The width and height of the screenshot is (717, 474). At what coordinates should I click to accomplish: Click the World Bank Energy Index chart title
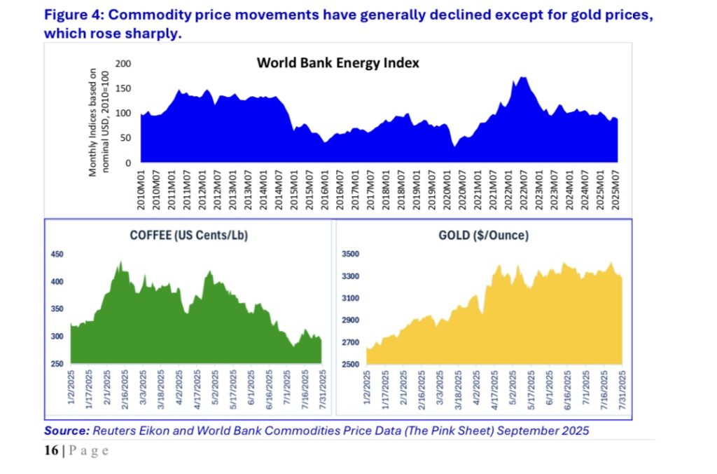[x=337, y=62]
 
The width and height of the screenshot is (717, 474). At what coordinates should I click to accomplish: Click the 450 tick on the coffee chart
[x=57, y=255]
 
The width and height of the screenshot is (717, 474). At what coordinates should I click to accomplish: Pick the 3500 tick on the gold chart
[x=349, y=255]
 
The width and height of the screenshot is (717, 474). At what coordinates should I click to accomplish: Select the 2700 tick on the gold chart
[x=349, y=342]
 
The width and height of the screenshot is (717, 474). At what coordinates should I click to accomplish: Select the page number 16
[x=51, y=450]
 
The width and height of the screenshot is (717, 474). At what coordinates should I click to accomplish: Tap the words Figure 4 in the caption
[x=75, y=15]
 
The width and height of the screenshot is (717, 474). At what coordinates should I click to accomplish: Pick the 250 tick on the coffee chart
[x=57, y=364]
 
